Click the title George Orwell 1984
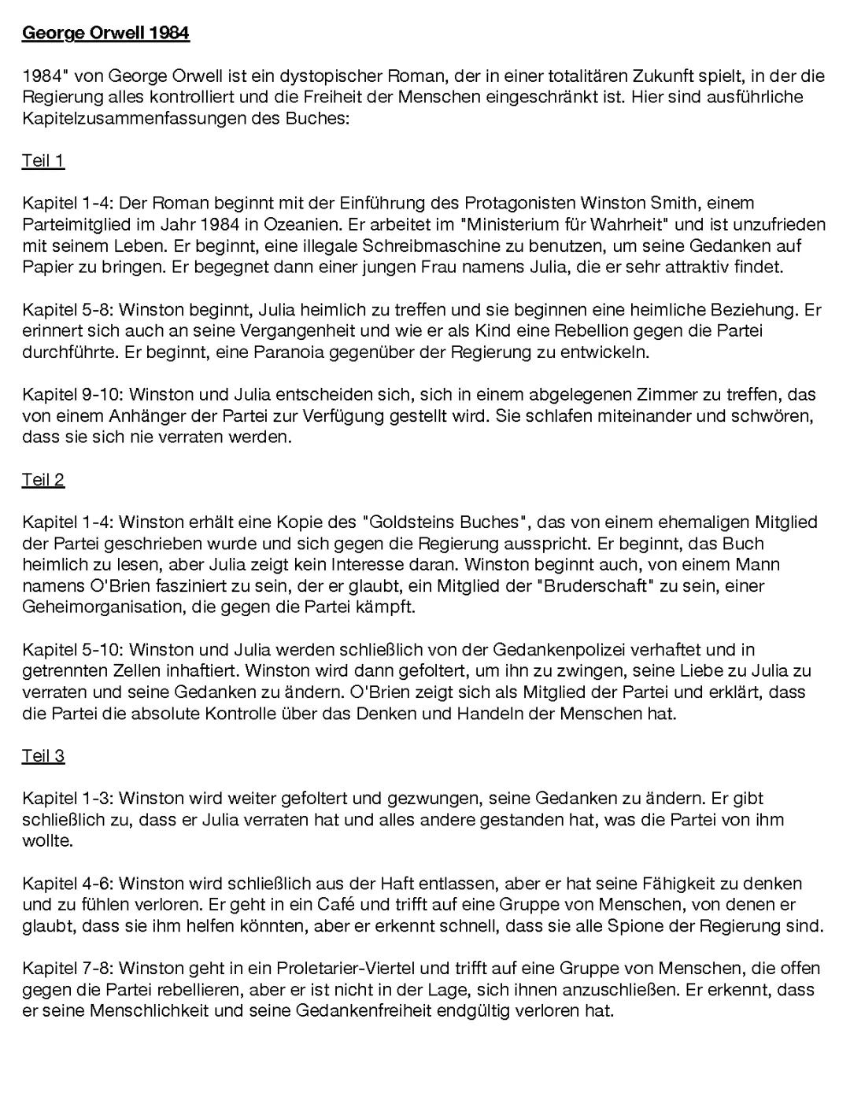tap(105, 33)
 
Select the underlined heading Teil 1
tap(42, 161)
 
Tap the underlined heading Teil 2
tap(42, 479)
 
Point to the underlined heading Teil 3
tap(42, 755)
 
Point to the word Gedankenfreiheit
tap(364, 1010)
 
